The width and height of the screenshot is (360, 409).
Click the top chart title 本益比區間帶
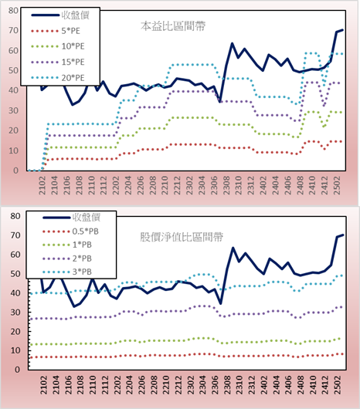pos(173,26)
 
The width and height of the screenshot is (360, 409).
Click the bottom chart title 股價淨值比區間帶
pos(182,237)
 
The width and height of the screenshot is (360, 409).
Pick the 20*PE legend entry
pos(58,78)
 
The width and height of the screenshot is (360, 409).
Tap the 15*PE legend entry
pos(58,62)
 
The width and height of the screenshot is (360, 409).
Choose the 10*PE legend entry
pos(58,46)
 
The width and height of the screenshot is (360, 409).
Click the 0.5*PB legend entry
pos(70,232)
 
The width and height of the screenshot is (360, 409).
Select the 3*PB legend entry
pos(67,272)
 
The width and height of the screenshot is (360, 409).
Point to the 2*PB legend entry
pos(67,259)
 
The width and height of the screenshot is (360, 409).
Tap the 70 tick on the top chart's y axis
pos(13,31)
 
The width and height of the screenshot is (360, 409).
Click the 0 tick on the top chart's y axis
pos(15,171)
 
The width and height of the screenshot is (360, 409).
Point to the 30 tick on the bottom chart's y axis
pos(15,313)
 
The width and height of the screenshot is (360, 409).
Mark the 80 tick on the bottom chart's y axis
pos(15,216)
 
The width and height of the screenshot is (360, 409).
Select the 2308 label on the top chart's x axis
pos(226,185)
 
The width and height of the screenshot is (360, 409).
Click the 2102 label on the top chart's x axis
pos(42,185)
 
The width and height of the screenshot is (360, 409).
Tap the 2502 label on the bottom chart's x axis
pos(338,385)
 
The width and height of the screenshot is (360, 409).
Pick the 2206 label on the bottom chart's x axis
pos(141,385)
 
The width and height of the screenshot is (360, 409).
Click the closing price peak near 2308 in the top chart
pos(232,43)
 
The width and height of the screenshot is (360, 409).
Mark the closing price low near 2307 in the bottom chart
pos(221,303)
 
